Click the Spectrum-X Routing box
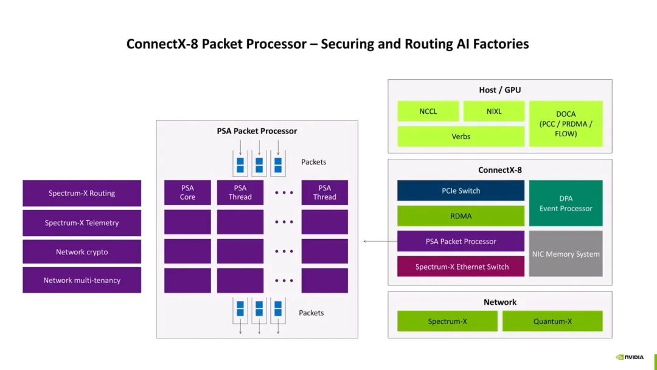coord(82,193)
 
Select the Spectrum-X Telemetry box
coord(82,223)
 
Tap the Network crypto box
coord(82,252)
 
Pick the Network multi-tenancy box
coord(82,281)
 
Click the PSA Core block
coord(187,192)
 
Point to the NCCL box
coord(428,111)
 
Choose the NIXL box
coord(494,111)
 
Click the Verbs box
coord(461,136)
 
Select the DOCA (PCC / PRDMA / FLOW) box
coord(566,124)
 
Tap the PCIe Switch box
coord(461,190)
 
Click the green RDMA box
coord(461,216)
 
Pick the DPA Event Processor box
coord(566,203)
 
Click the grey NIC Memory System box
coord(566,254)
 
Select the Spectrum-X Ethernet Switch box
coord(461,267)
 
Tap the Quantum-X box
coord(552,321)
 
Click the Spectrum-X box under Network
coord(447,321)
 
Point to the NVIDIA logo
coord(630,357)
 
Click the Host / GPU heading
coord(500,90)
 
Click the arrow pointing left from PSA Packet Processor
coord(380,242)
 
